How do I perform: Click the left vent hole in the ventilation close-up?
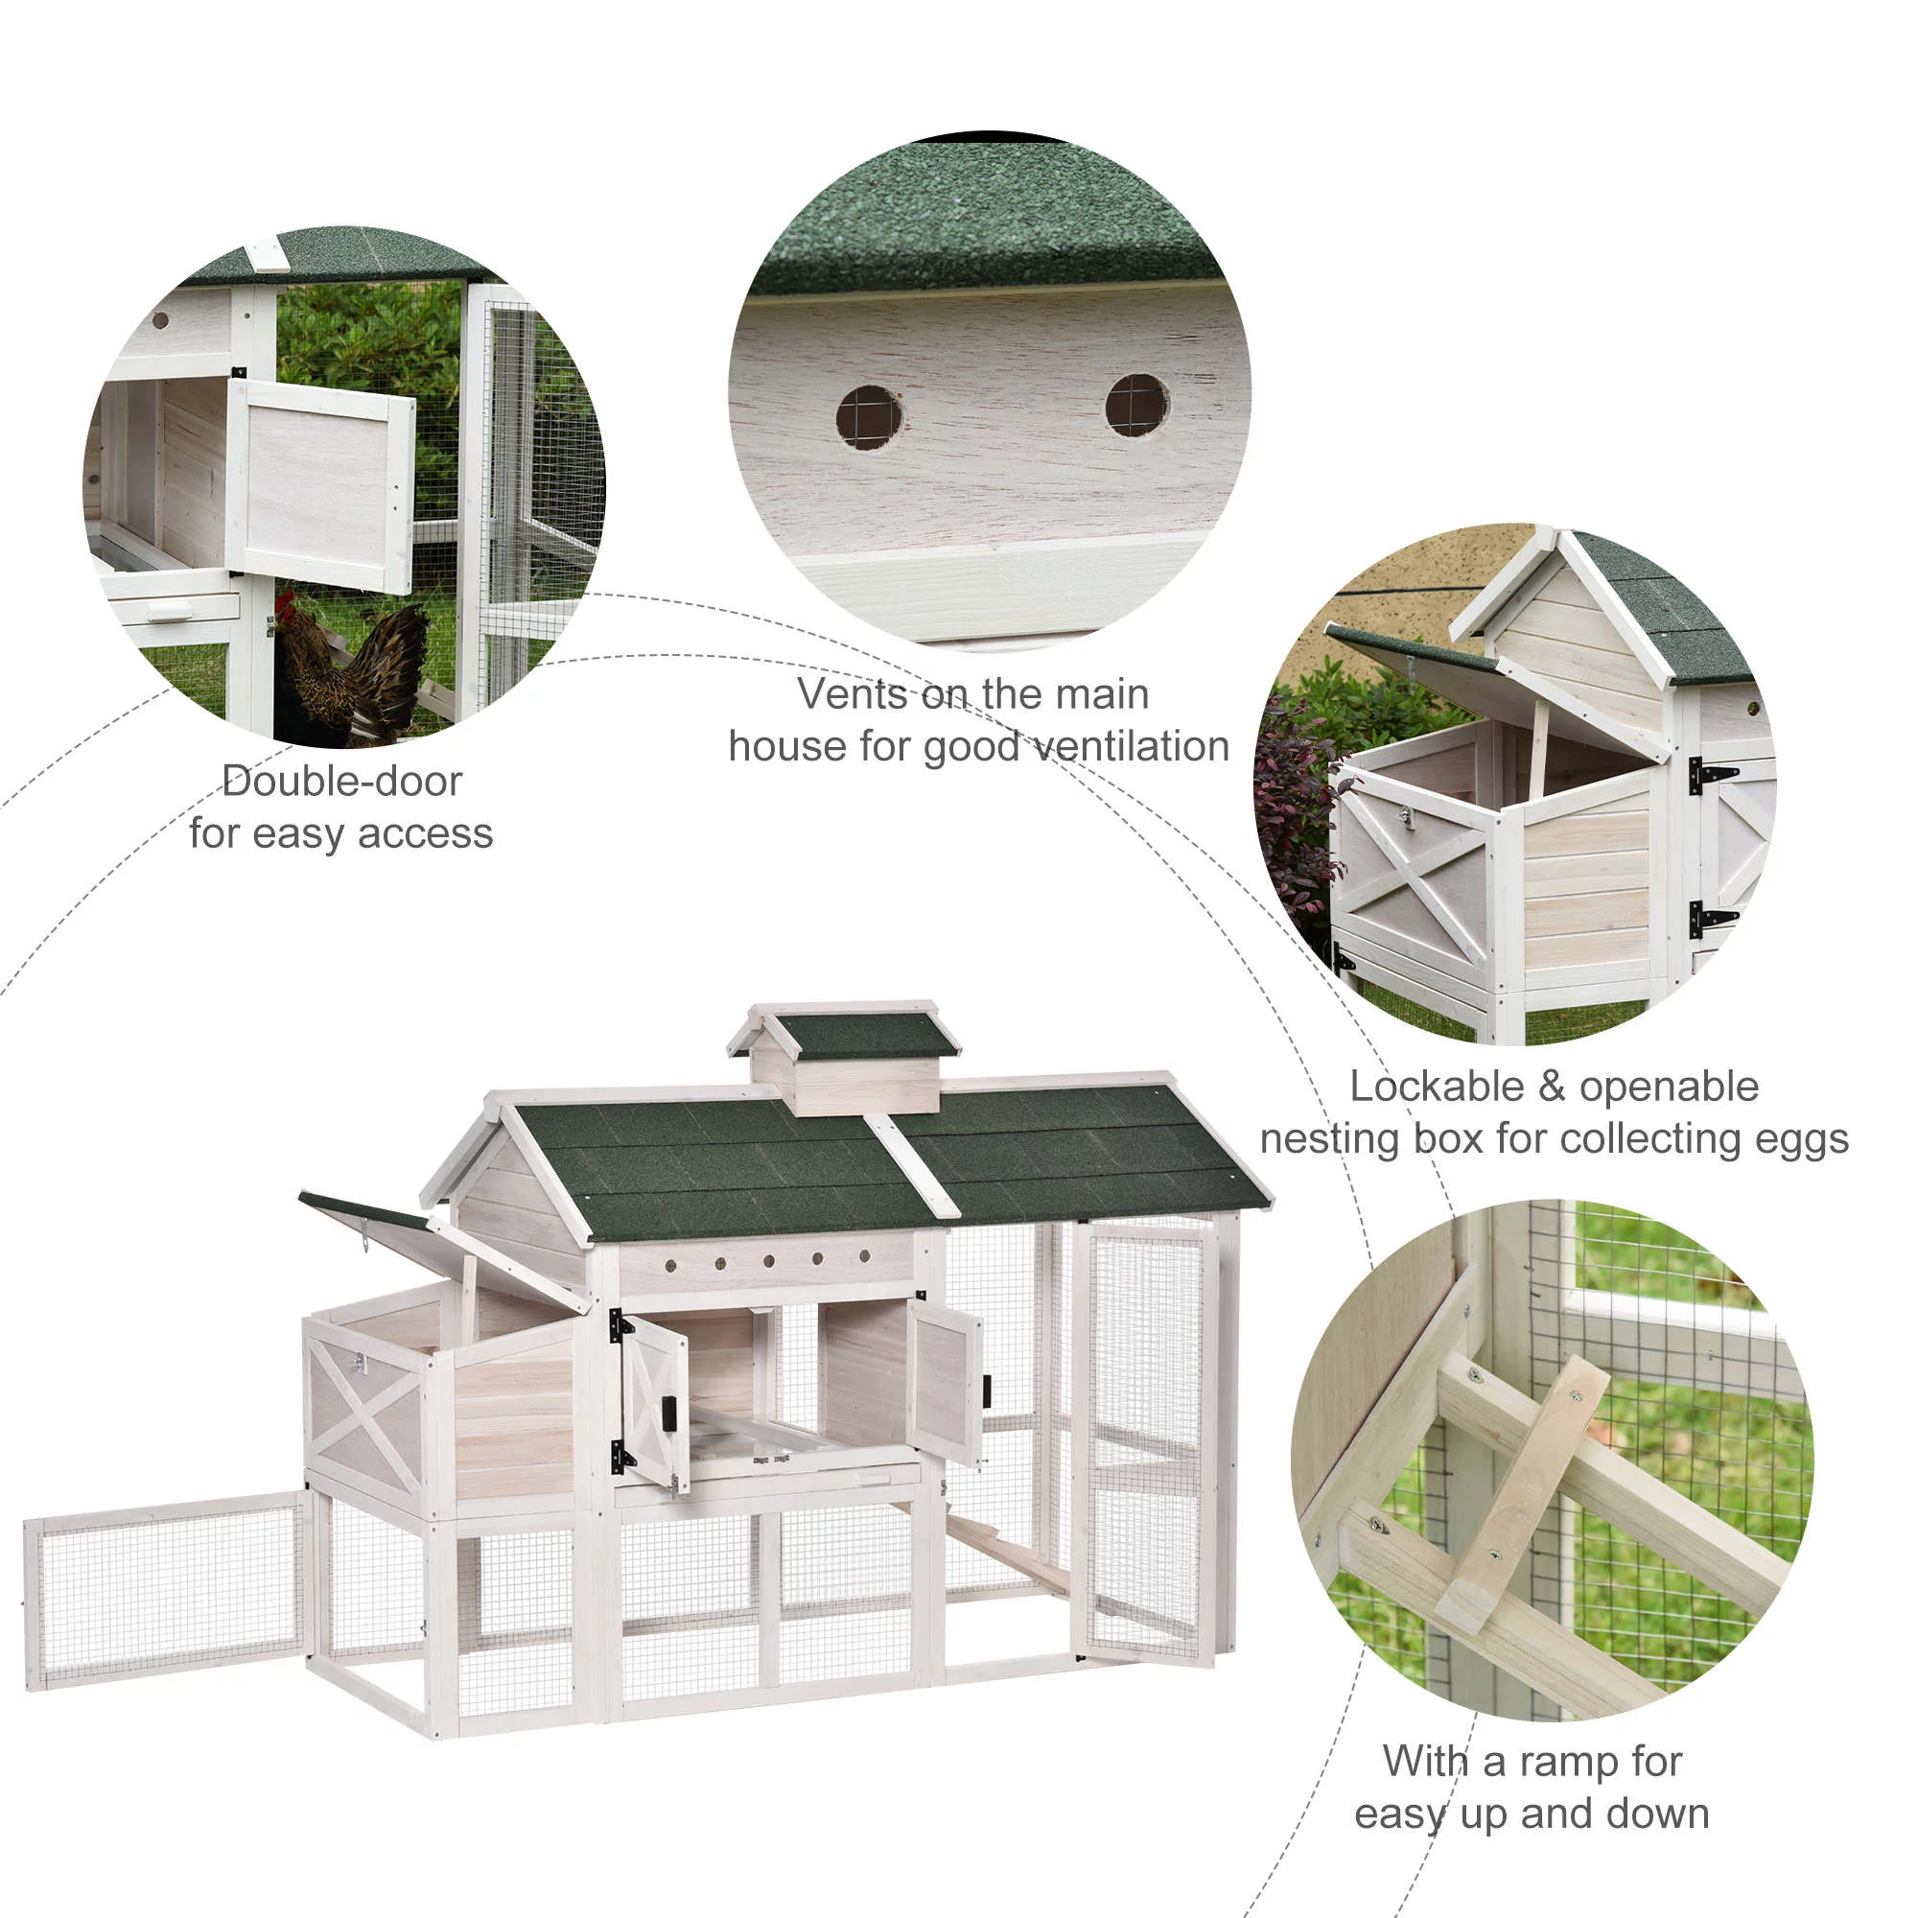click(x=869, y=417)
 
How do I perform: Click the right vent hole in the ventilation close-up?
click(x=1136, y=405)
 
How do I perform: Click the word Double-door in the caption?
click(x=341, y=782)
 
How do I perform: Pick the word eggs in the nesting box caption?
click(x=1801, y=1137)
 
